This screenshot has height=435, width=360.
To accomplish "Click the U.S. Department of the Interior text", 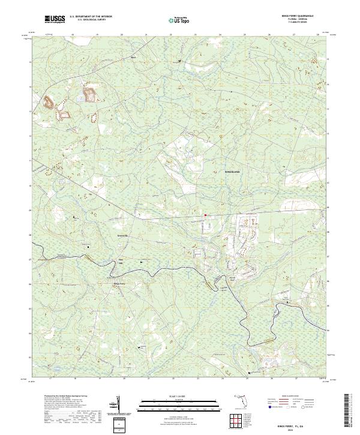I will pyautogui.click(x=90, y=17).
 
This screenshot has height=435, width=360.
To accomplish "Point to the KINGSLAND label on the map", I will pyautogui.click(x=232, y=172).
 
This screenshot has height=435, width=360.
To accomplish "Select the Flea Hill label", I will pyautogui.click(x=119, y=262).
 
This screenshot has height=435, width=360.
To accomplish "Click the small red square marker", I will pyautogui.click(x=205, y=215).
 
